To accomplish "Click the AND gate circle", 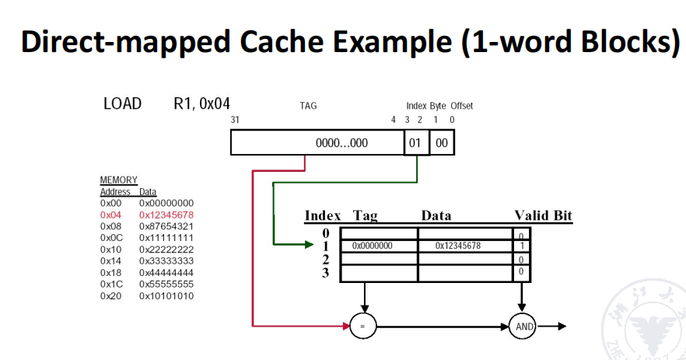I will [525, 327].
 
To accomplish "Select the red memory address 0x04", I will [110, 214].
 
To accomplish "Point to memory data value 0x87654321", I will [166, 225].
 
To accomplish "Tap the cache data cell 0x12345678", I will [457, 246].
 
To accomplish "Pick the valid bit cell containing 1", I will [521, 246].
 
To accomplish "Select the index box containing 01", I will [415, 143].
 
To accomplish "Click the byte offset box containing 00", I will [441, 143].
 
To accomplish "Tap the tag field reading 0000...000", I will [341, 143].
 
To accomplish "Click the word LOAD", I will [122, 103].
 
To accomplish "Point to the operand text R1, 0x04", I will [201, 103].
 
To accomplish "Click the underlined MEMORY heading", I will [118, 180].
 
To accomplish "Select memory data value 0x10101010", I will [166, 296].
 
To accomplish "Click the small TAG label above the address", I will [308, 106].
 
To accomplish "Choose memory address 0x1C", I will [111, 284].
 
